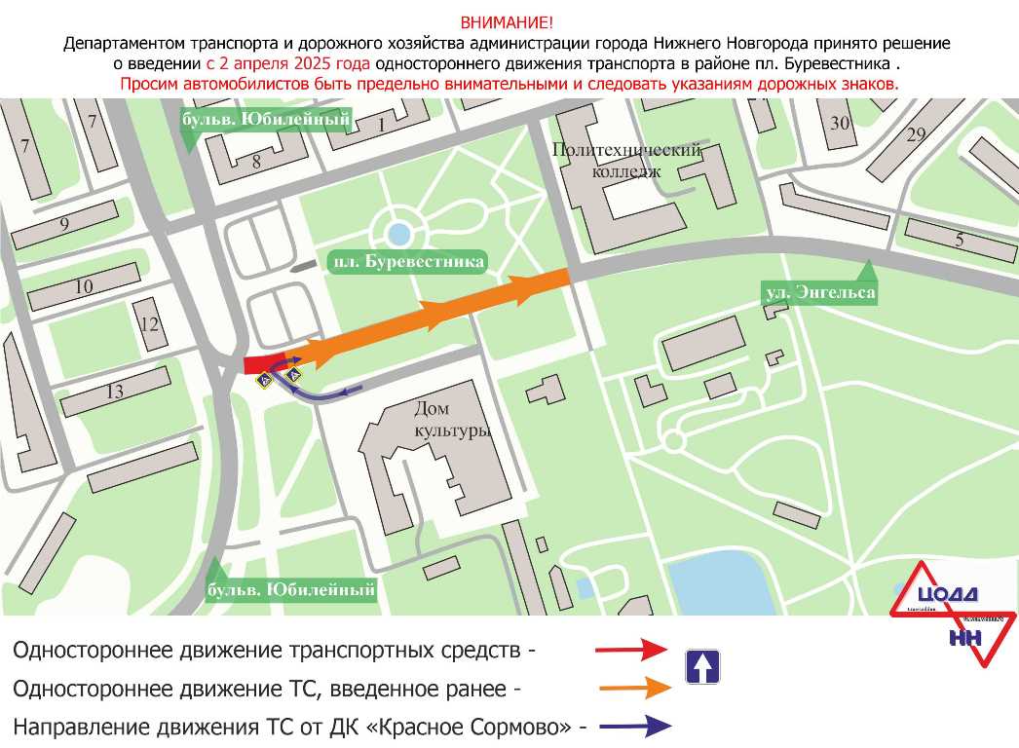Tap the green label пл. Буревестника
click(x=407, y=262)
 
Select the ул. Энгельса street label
click(x=818, y=291)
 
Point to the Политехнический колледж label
click(x=626, y=161)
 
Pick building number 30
click(x=839, y=123)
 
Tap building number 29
click(x=915, y=134)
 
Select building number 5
click(x=959, y=240)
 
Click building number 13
click(x=64, y=226)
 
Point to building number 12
click(x=84, y=286)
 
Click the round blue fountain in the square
click(x=397, y=234)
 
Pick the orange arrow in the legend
click(x=634, y=688)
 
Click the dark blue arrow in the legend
click(x=634, y=726)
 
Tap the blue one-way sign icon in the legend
click(x=702, y=666)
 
